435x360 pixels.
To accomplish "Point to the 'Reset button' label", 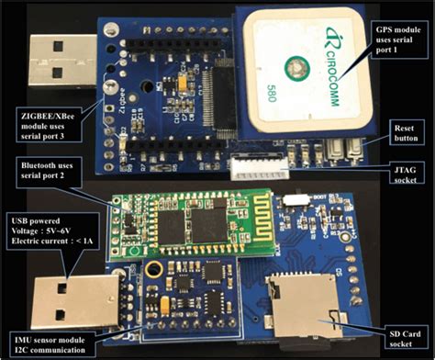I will tap(405, 129).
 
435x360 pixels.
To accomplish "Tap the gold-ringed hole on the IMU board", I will tap(155, 269).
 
